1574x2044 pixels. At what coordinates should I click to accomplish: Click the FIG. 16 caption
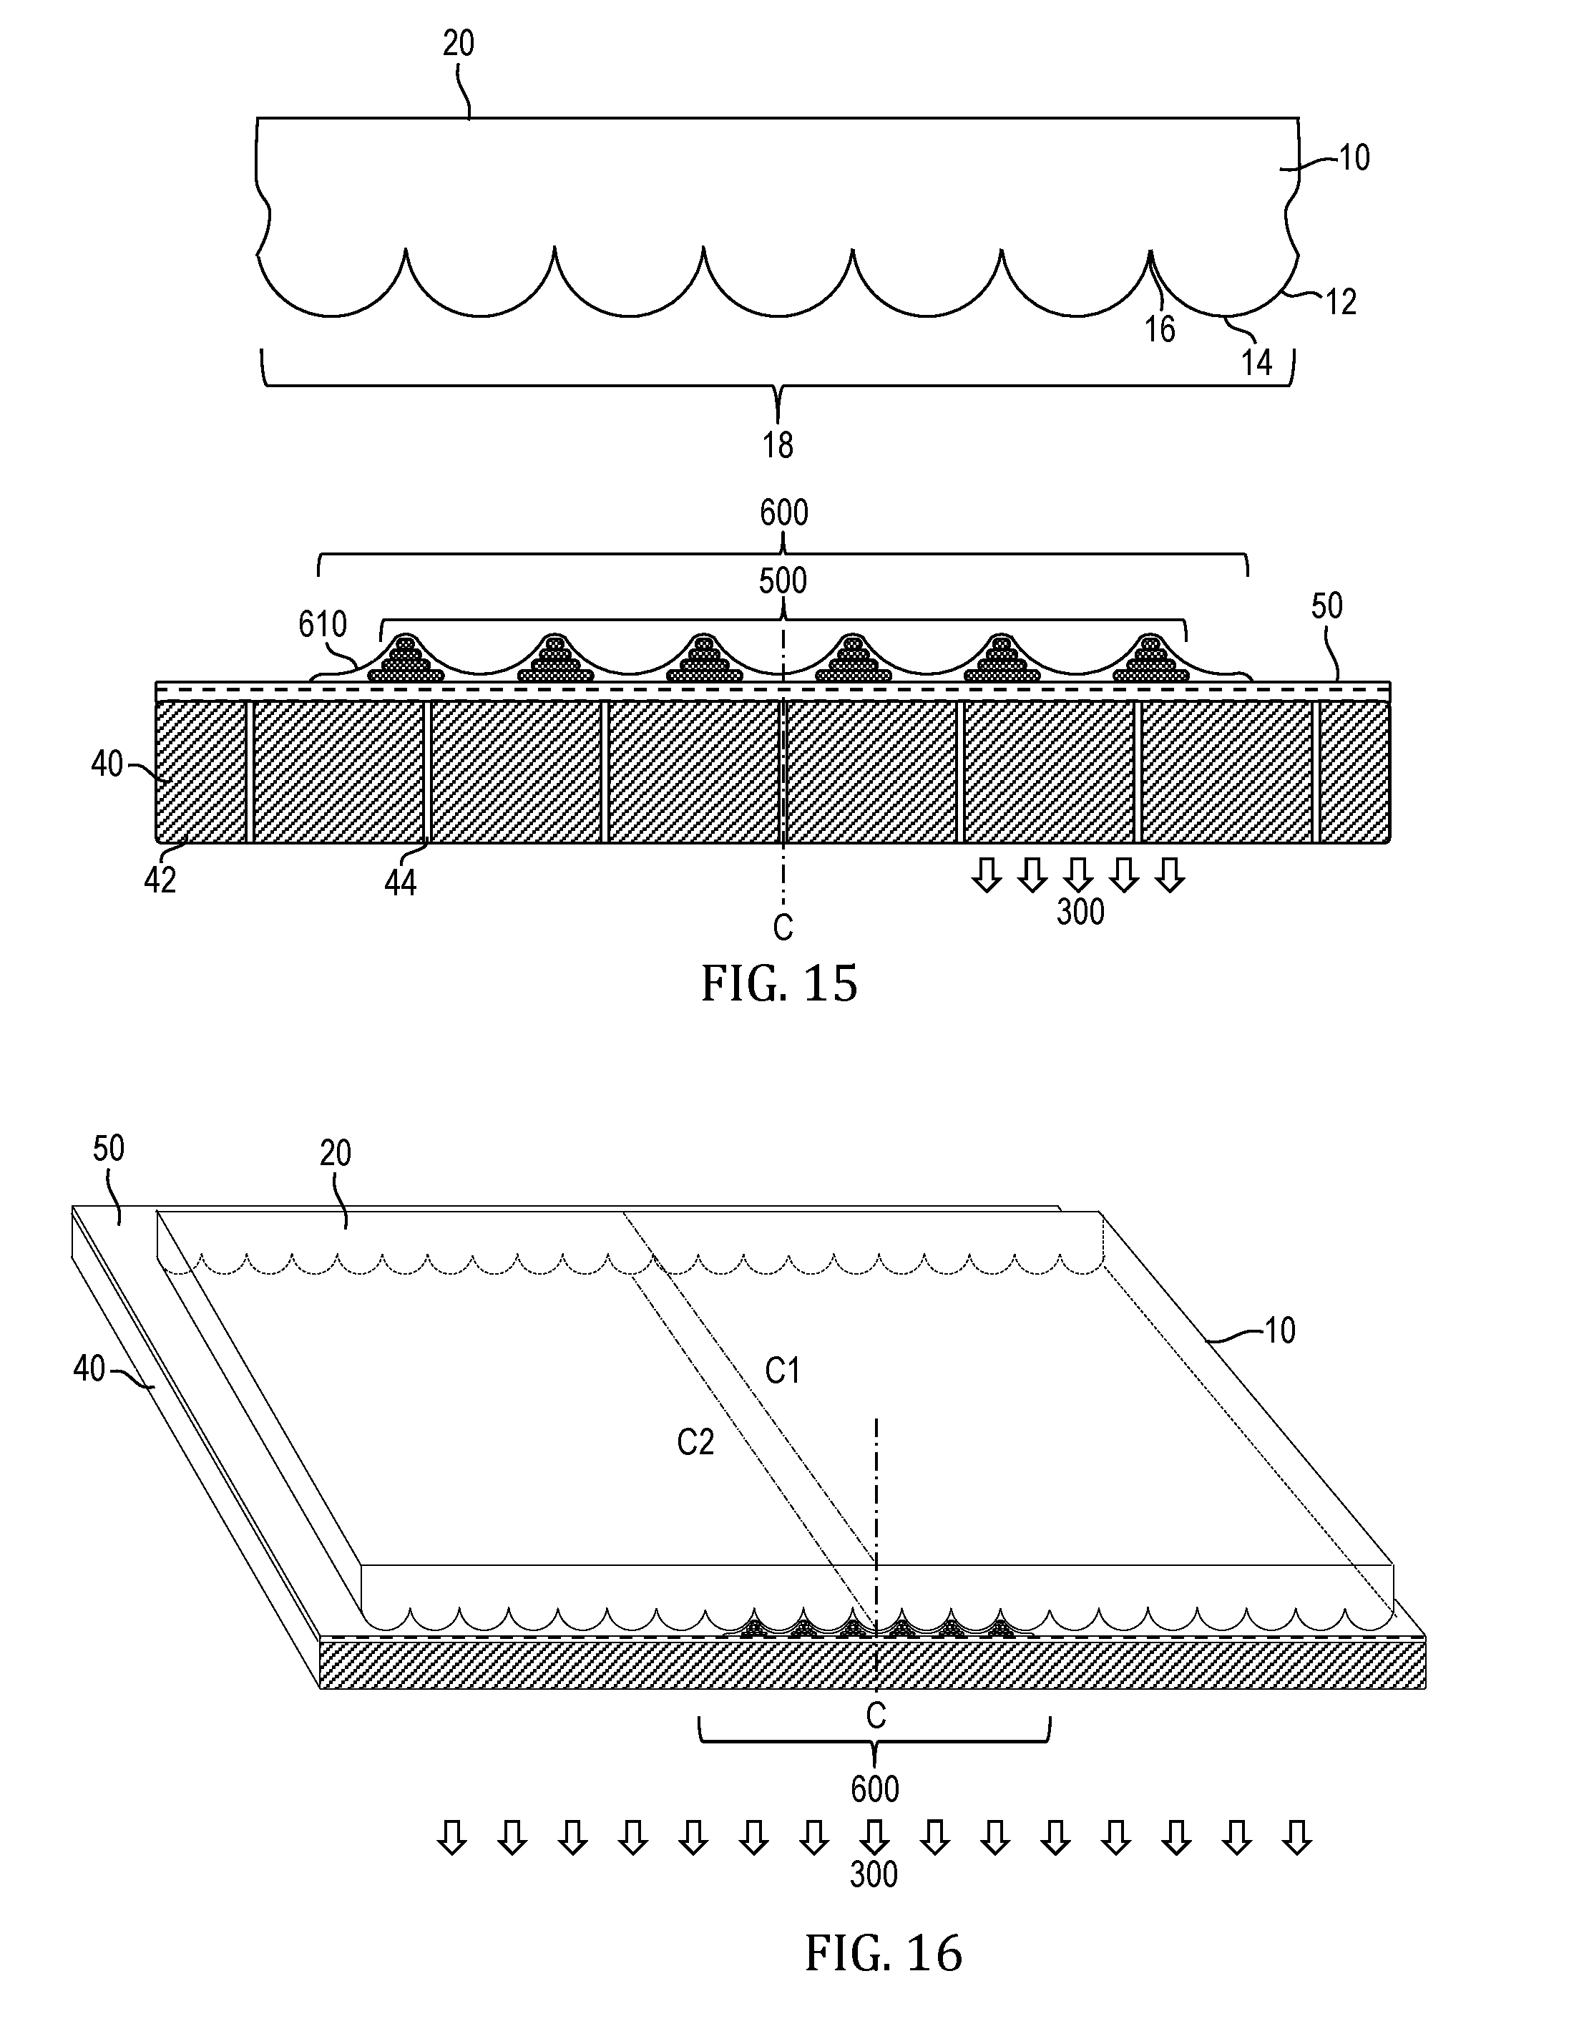pyautogui.click(x=884, y=1953)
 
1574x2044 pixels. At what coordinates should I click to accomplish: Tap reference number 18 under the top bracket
pyautogui.click(x=778, y=445)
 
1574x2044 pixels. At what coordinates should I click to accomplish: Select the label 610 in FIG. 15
pyautogui.click(x=323, y=624)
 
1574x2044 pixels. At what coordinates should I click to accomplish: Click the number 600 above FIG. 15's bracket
pyautogui.click(x=783, y=513)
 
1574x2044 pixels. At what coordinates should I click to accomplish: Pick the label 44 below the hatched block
pyautogui.click(x=401, y=882)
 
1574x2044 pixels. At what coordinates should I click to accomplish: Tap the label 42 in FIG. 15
pyautogui.click(x=160, y=880)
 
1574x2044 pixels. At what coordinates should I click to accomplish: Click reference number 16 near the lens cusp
pyautogui.click(x=1160, y=329)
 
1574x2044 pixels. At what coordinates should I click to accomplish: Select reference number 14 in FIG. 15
pyautogui.click(x=1257, y=362)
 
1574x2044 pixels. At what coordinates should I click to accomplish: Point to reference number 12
pyautogui.click(x=1340, y=301)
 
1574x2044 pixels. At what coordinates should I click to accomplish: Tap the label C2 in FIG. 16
pyautogui.click(x=695, y=1442)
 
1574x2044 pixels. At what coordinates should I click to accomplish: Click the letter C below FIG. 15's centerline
pyautogui.click(x=783, y=928)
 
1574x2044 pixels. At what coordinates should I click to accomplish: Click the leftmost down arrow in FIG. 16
pyautogui.click(x=453, y=1837)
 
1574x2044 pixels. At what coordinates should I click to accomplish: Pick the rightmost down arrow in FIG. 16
pyautogui.click(x=1296, y=1837)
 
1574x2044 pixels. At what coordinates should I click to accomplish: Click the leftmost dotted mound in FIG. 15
pyautogui.click(x=405, y=659)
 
